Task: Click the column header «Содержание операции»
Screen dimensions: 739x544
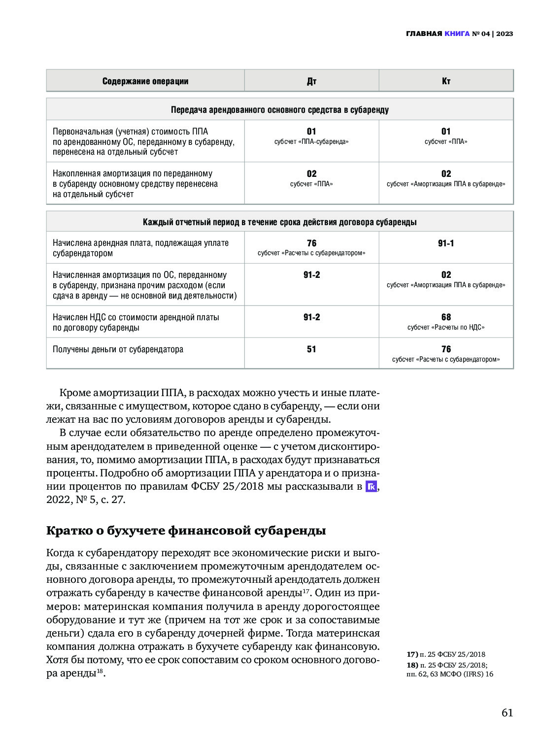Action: point(145,81)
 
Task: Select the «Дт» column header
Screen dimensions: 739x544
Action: point(311,81)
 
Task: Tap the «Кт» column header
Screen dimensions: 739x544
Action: point(446,81)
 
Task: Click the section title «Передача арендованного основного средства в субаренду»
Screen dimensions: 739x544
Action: point(279,110)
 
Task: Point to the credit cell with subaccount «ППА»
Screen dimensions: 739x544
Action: point(446,136)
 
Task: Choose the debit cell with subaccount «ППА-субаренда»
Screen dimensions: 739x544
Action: point(311,136)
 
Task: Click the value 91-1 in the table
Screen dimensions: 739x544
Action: point(446,243)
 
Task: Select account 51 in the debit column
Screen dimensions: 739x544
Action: point(311,349)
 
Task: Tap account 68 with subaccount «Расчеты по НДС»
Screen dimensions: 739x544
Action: point(446,322)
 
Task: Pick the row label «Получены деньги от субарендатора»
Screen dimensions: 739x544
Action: point(118,350)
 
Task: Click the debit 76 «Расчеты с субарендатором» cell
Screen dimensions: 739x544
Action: point(311,247)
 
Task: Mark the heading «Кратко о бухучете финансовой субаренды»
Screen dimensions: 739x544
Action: point(186,531)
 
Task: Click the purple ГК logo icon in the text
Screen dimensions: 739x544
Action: point(371,487)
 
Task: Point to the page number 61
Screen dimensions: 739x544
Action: point(507,712)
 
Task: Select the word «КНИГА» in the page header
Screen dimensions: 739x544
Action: point(457,34)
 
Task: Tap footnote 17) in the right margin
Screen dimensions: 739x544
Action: point(446,654)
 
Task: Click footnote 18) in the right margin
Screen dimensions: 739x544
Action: point(449,669)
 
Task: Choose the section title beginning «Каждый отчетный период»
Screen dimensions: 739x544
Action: point(279,222)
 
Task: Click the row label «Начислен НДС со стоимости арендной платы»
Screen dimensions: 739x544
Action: point(136,322)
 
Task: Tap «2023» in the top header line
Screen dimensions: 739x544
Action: point(505,34)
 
